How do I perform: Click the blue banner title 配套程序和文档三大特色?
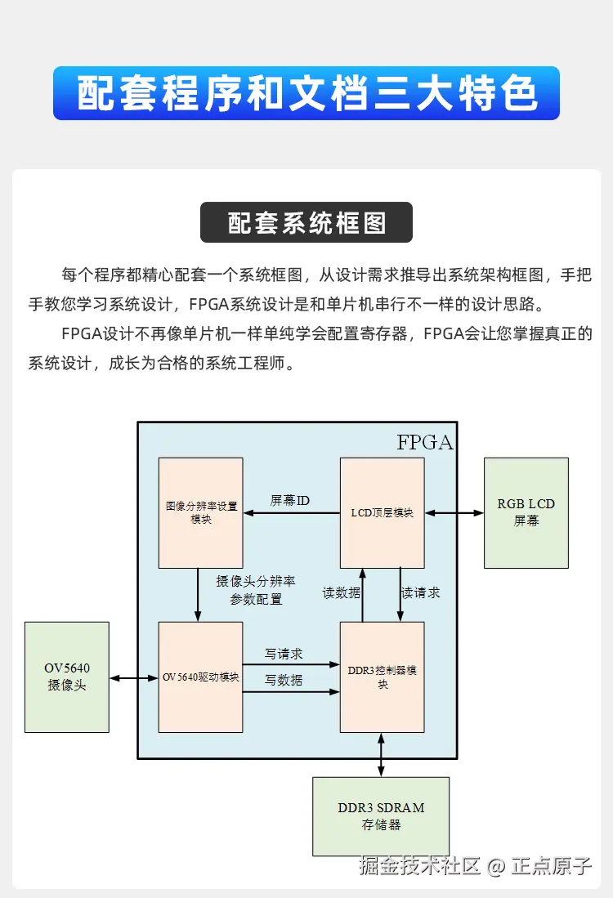[306, 93]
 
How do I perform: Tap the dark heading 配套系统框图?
[306, 222]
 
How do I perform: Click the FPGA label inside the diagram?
[424, 443]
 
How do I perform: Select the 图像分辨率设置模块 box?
[200, 512]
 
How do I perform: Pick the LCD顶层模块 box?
[382, 512]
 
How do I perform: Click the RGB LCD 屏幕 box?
[526, 512]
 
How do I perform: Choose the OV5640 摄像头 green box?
[67, 677]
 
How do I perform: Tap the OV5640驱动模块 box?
[200, 677]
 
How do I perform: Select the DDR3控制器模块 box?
[382, 677]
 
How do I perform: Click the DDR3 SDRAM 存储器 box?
[381, 815]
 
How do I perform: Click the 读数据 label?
[341, 593]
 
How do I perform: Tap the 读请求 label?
[421, 593]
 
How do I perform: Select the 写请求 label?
[284, 655]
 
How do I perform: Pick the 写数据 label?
[284, 680]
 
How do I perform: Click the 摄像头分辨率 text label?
[255, 581]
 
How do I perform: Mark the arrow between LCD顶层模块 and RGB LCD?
[454, 513]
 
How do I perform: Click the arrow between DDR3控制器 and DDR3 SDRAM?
[382, 754]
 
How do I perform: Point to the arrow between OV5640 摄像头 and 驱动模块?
[133, 677]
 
